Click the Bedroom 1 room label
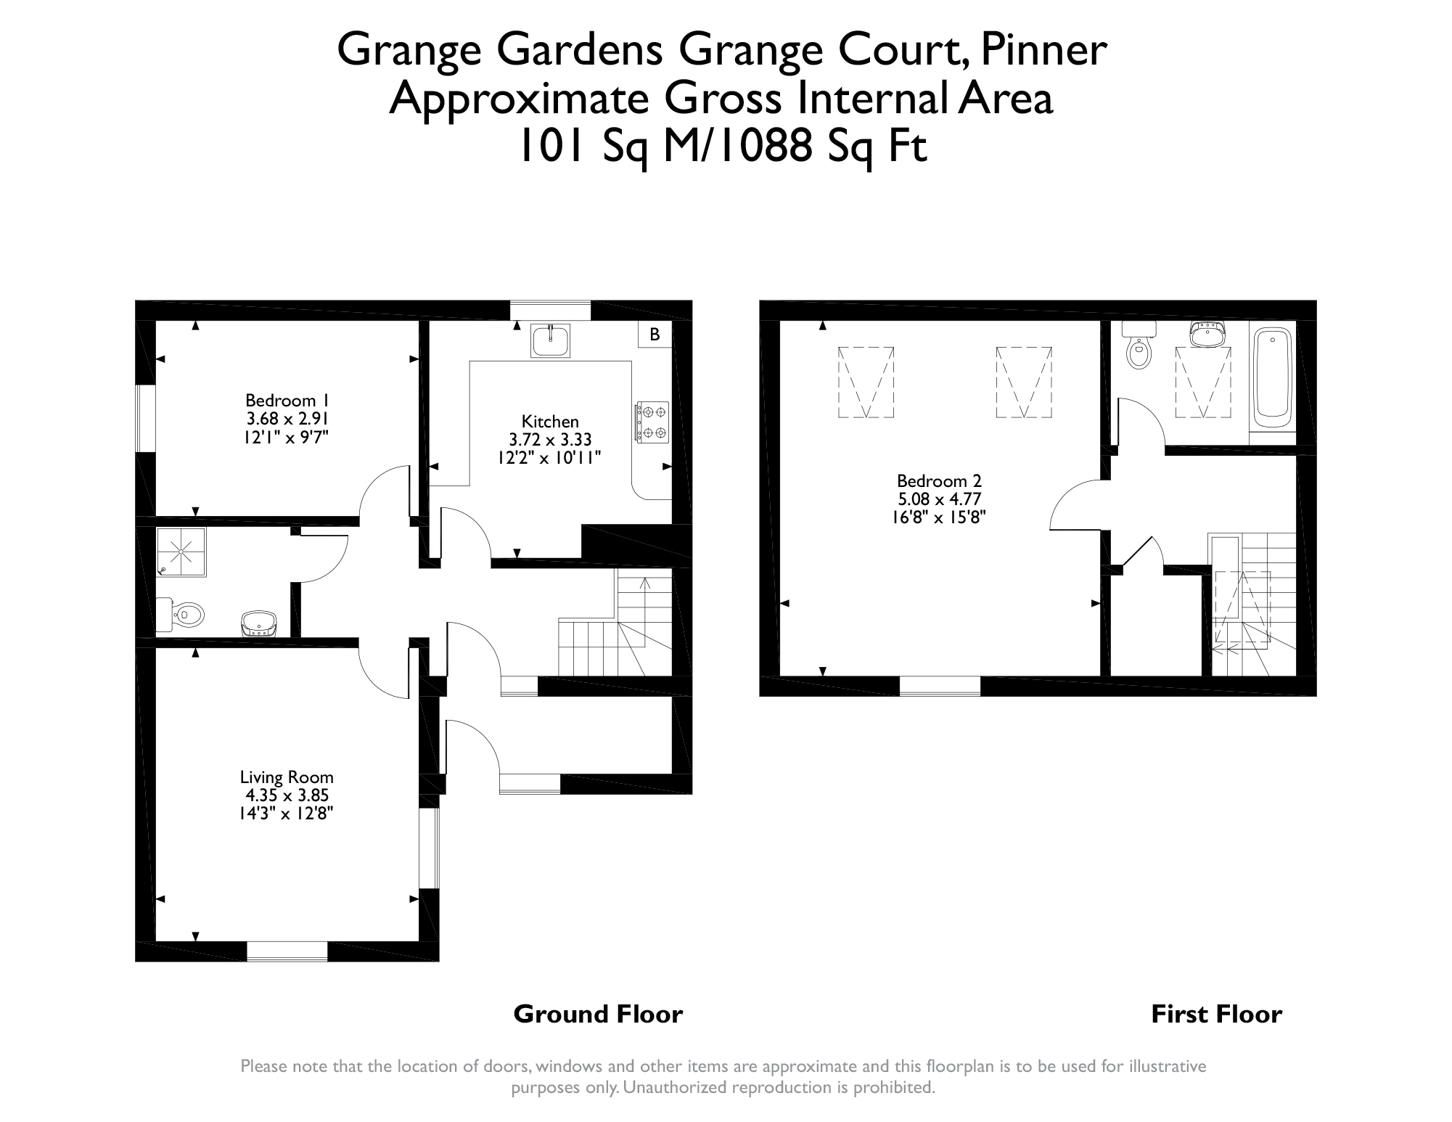tap(287, 401)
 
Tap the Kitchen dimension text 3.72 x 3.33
tap(550, 440)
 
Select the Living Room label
tap(287, 778)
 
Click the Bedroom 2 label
tap(939, 481)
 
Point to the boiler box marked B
tap(655, 335)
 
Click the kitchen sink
tap(550, 340)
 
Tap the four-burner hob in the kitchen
tap(652, 422)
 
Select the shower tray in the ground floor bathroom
tap(181, 552)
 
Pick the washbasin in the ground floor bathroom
tap(259, 623)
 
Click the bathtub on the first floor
tap(1273, 377)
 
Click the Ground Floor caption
tap(598, 1014)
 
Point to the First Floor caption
tap(1216, 1014)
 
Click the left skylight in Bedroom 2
tap(866, 382)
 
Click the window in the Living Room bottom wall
tap(287, 951)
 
